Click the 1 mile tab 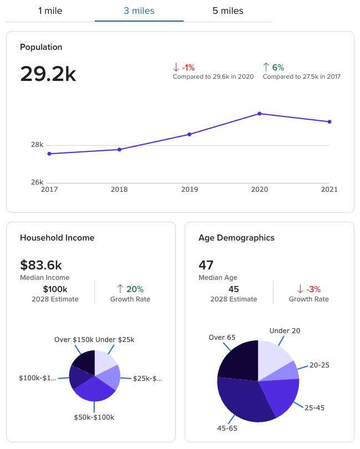(x=50, y=11)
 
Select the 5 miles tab (x=227, y=11)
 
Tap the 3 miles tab (x=139, y=11)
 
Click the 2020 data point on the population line (x=259, y=114)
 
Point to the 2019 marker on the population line (x=189, y=134)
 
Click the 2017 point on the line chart (x=49, y=154)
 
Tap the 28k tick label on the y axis (x=37, y=145)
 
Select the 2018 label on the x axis (x=119, y=190)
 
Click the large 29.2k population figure (x=48, y=74)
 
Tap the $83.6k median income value (x=40, y=265)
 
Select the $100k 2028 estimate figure (x=55, y=289)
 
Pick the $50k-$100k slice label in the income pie (x=94, y=417)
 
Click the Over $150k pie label (x=73, y=339)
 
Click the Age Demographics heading (x=236, y=238)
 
